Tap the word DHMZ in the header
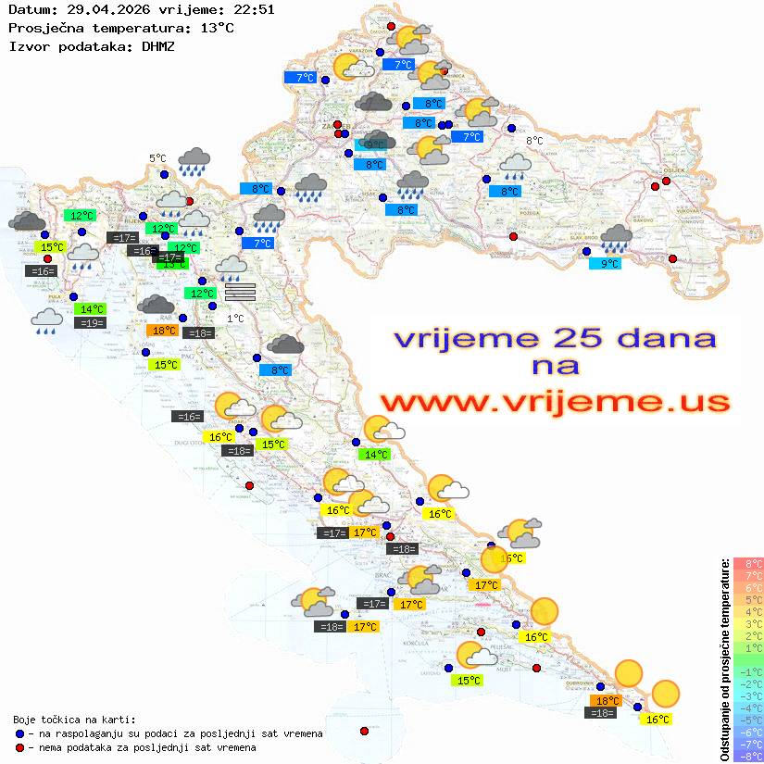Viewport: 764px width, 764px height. coord(157,45)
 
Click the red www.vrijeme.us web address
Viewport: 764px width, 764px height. coord(554,402)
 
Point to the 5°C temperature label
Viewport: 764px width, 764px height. coord(158,159)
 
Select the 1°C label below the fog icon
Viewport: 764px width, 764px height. coord(235,319)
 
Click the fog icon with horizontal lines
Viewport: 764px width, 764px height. coord(239,292)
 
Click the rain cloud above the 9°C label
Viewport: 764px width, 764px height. coord(616,240)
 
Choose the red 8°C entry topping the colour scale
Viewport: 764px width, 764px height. coord(748,563)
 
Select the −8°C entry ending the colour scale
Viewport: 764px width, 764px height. coord(748,757)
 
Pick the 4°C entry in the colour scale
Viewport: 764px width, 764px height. coord(748,611)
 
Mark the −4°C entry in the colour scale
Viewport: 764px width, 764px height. coord(748,708)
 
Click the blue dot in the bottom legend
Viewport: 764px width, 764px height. coord(20,733)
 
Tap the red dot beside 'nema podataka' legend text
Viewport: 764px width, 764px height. coord(20,747)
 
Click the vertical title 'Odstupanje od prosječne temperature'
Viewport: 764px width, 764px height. coord(725,660)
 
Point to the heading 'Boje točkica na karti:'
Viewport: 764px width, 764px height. coord(74,720)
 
